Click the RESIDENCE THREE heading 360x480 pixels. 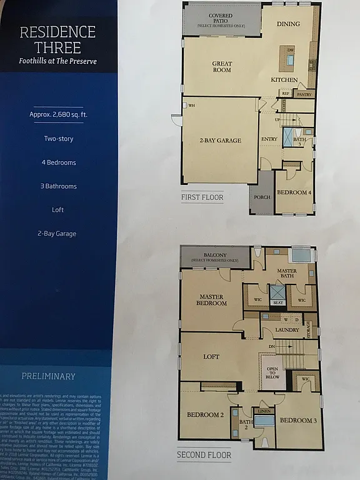57,39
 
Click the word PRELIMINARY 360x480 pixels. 48,376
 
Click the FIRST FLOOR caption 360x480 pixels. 202,197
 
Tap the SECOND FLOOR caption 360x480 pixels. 204,454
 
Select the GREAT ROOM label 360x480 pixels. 222,66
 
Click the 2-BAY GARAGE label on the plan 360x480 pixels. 220,141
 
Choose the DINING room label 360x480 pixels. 289,24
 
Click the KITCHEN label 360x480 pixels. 284,80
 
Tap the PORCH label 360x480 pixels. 262,197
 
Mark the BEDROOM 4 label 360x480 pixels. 294,192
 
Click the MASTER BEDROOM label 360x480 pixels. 212,299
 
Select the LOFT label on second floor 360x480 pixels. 212,357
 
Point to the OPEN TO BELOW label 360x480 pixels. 272,373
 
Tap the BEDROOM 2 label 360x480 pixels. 206,415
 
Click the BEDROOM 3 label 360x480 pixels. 297,421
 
